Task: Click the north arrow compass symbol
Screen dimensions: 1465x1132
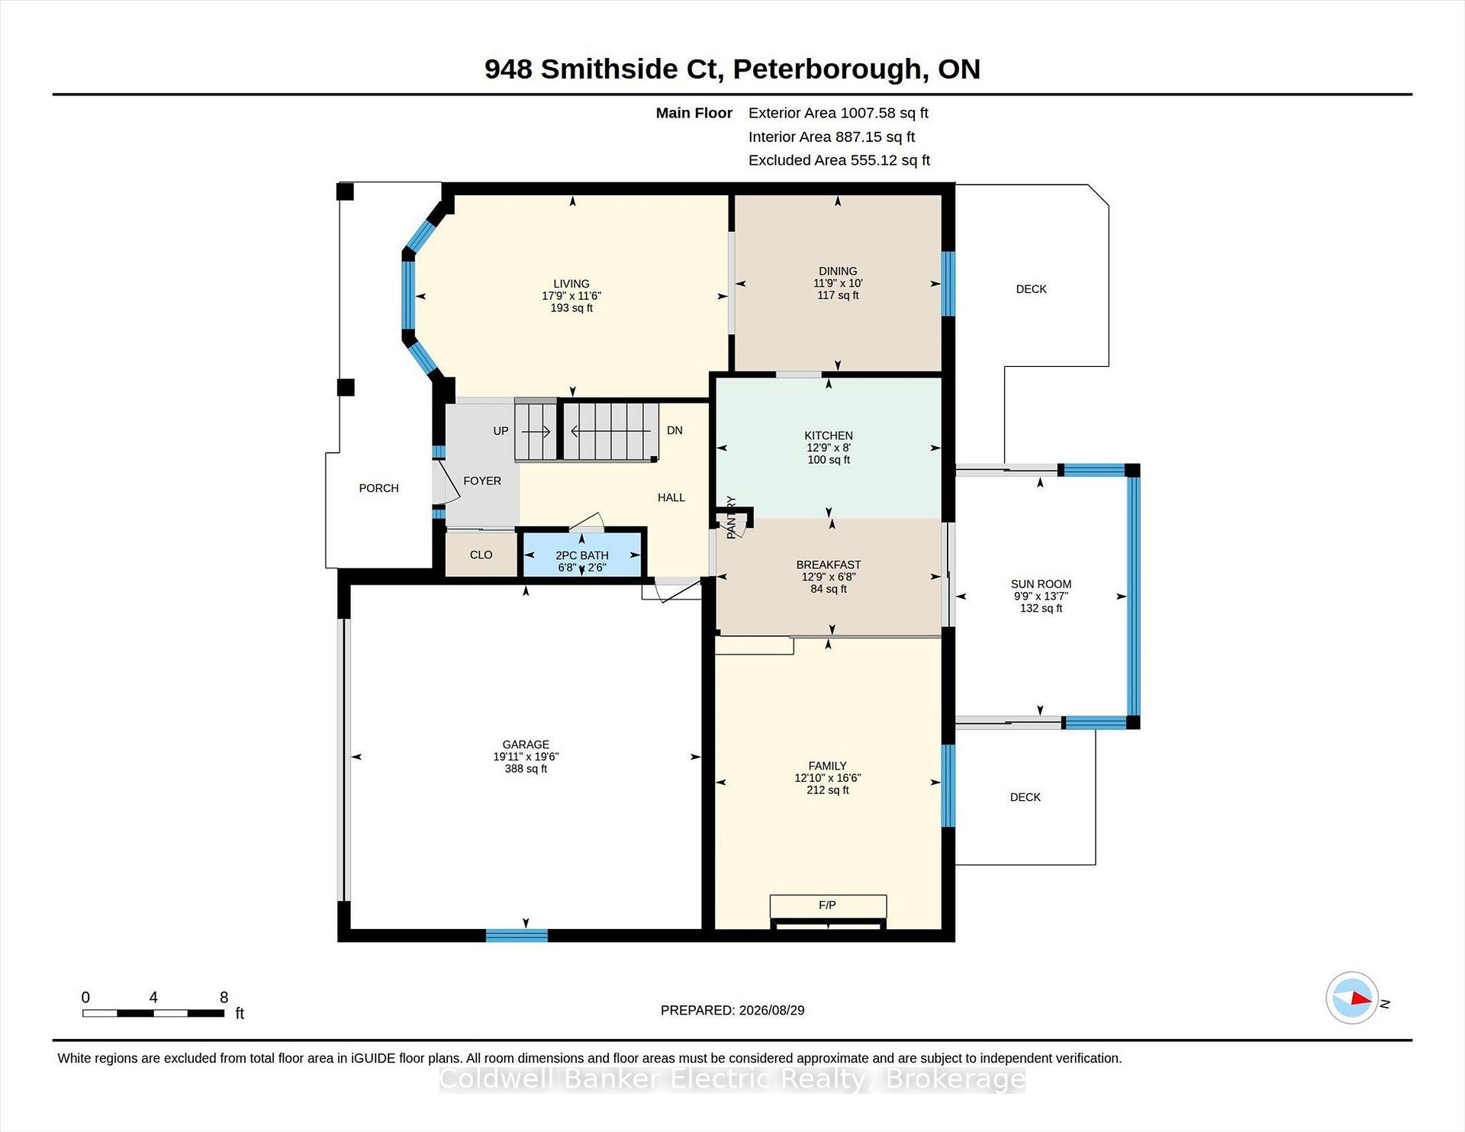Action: click(1351, 998)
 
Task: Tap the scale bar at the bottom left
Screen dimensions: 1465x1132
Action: click(153, 1013)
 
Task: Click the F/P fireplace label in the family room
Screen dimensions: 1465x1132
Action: click(827, 905)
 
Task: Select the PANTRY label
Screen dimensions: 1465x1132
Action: click(731, 517)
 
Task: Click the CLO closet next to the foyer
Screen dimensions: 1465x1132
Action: click(481, 555)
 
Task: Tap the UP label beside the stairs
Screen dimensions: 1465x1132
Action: click(501, 431)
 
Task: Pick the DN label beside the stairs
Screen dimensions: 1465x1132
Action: click(675, 430)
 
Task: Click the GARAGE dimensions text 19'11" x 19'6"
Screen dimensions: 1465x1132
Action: click(526, 757)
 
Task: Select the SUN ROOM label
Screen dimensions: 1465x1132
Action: click(1041, 584)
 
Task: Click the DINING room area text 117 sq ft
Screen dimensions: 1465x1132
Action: click(838, 295)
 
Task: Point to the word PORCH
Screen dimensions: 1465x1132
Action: click(378, 488)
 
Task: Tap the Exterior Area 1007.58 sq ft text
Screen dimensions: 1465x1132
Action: click(838, 113)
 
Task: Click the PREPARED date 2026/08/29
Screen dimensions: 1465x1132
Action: click(771, 1010)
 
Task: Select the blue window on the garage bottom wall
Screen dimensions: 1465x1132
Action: click(517, 935)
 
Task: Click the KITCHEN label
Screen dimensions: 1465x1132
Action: click(829, 436)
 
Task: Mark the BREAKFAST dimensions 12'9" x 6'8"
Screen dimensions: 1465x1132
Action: click(829, 577)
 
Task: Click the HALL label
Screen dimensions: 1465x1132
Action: click(671, 497)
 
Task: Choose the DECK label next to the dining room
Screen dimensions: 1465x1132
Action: click(1031, 289)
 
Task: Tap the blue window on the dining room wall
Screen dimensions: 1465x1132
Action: click(948, 284)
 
